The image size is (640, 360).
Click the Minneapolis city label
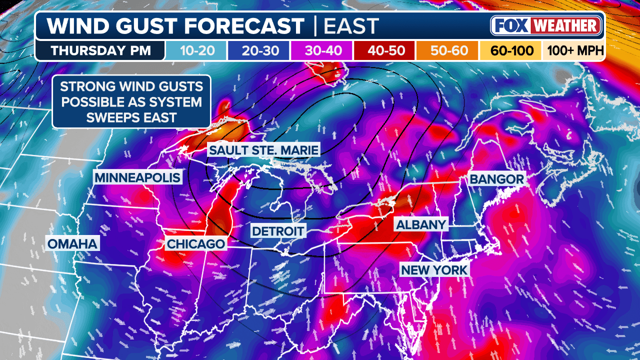click(x=137, y=177)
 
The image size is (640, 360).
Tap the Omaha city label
click(x=72, y=244)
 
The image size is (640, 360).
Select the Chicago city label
click(x=195, y=244)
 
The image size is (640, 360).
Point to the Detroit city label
click(x=278, y=231)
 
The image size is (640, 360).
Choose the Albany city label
click(x=420, y=224)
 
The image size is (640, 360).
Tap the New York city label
click(x=434, y=270)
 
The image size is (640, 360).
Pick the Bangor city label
click(x=496, y=179)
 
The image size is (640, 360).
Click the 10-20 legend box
click(x=196, y=51)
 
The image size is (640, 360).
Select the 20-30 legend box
click(x=258, y=51)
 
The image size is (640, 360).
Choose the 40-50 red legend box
click(x=384, y=51)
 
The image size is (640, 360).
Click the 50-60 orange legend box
click(x=447, y=51)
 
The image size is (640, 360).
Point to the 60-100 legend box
click(x=510, y=51)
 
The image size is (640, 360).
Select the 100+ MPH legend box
click(x=573, y=51)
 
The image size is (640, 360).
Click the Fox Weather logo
click(x=546, y=25)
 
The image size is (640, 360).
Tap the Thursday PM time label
click(x=100, y=51)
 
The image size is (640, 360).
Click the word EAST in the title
click(x=351, y=26)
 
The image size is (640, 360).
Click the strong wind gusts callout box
click(x=131, y=101)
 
